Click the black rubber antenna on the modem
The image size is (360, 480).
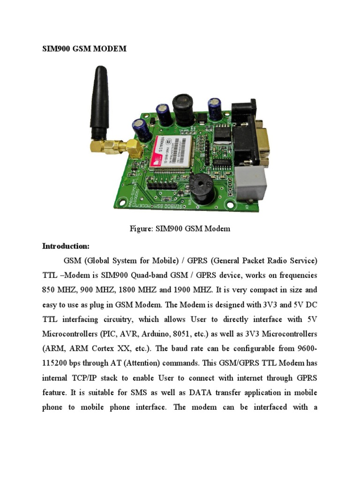99,101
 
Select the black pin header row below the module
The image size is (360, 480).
161,185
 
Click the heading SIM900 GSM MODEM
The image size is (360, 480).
84,49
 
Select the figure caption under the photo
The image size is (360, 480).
180,229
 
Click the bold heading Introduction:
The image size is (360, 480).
66,246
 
